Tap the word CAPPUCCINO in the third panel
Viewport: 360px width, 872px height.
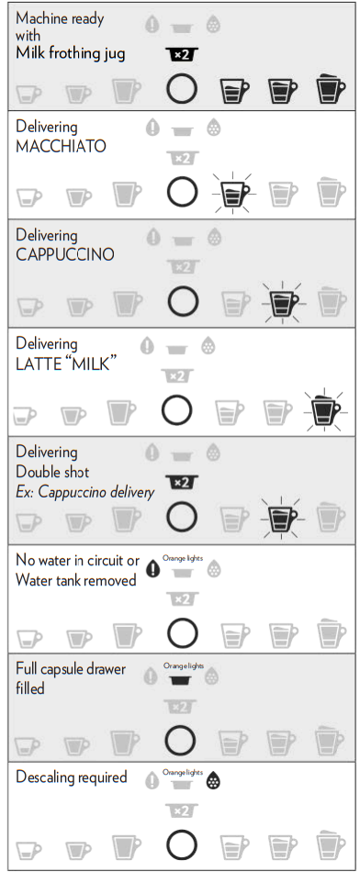[x=65, y=254]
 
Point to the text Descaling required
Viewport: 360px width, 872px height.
[x=72, y=777]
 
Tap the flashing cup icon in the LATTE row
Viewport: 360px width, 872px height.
[x=325, y=409]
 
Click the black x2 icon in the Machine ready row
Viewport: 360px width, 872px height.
[x=182, y=54]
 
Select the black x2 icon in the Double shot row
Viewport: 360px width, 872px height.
[x=182, y=482]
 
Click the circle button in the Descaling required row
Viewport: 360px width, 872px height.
[x=182, y=844]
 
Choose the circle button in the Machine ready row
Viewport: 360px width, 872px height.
[x=182, y=89]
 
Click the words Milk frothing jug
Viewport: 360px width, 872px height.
[x=70, y=53]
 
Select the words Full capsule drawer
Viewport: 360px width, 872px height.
[x=71, y=668]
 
